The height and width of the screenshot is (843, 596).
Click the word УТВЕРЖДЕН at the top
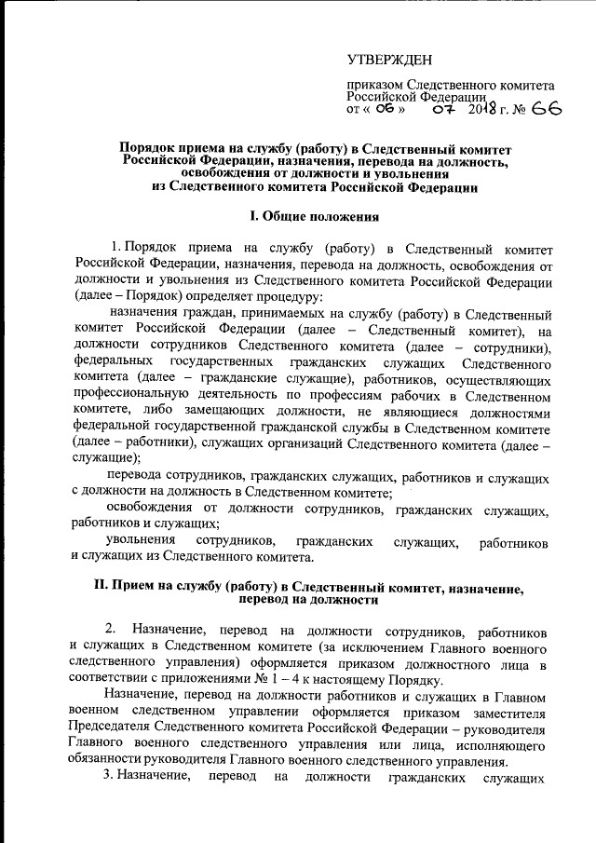coord(390,61)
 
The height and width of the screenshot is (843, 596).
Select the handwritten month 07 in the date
coord(442,109)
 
